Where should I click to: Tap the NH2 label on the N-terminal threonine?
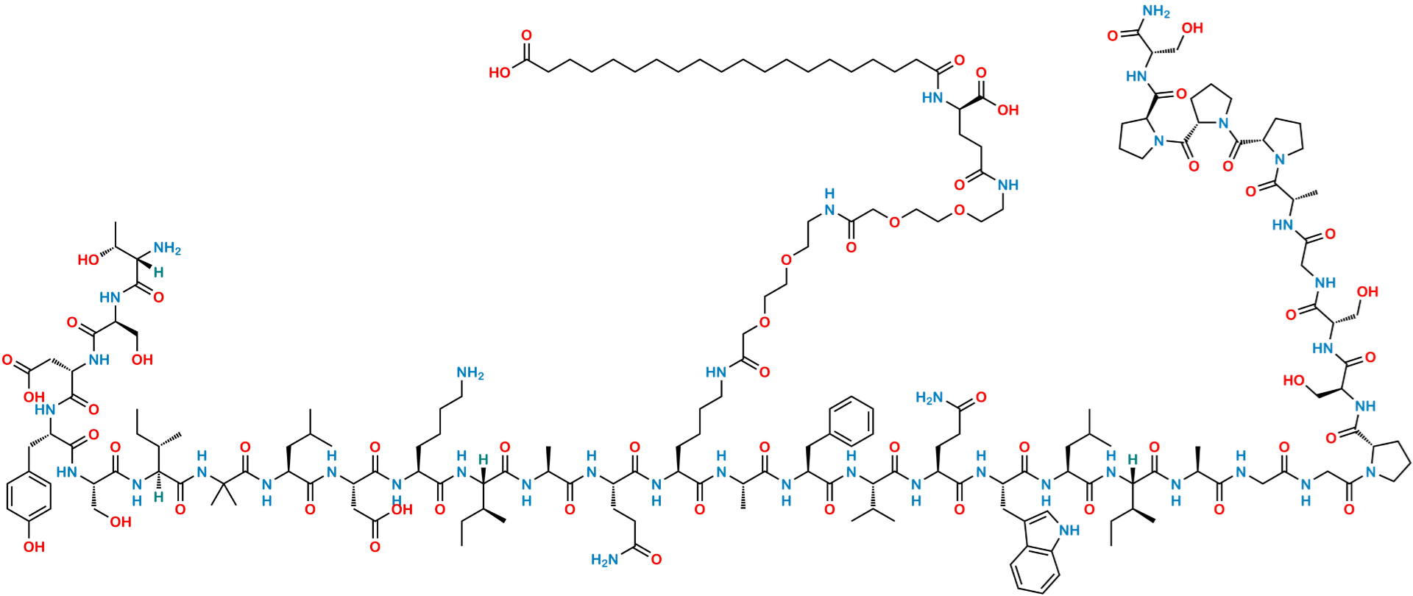169,250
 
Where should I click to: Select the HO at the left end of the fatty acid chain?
500,71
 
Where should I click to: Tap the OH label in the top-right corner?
1194,28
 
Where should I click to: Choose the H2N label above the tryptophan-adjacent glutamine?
929,398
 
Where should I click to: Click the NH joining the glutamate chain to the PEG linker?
1009,185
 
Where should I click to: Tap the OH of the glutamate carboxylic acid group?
1009,110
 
